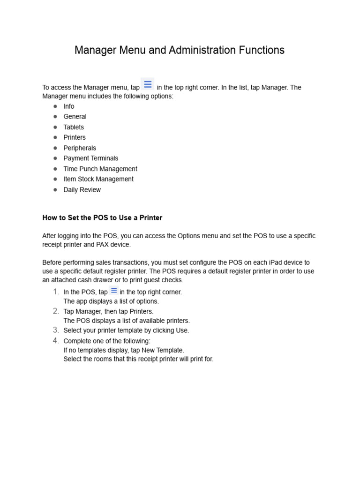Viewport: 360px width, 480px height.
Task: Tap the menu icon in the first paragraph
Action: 148,84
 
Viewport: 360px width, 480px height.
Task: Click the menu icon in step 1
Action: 113,291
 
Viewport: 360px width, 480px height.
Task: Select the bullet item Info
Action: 69,106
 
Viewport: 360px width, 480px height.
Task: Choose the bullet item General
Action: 75,117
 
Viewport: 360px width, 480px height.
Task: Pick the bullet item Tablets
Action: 74,127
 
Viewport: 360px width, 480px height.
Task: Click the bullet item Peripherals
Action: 80,148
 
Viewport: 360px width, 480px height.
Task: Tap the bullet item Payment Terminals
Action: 91,158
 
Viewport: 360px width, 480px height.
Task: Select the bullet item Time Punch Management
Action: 100,169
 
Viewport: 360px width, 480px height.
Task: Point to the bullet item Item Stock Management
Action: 98,179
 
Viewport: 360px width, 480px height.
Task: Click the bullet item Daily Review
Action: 82,190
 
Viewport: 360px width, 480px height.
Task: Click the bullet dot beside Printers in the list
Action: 55,138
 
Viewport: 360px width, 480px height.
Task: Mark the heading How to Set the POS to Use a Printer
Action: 102,218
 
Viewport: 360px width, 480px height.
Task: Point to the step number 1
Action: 56,292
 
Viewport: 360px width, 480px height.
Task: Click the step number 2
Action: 56,311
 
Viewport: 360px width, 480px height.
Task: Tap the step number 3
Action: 56,330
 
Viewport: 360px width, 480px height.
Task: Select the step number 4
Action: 56,341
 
